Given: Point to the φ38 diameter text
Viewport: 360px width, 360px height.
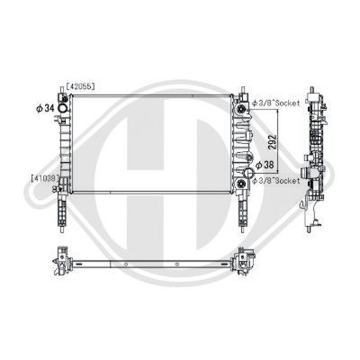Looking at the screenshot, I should [265, 165].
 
